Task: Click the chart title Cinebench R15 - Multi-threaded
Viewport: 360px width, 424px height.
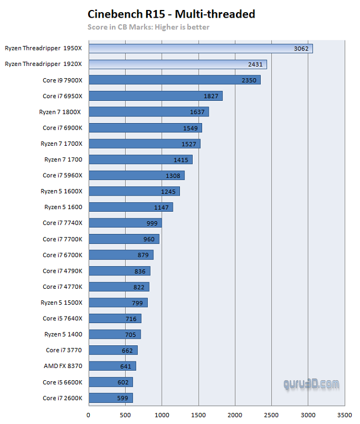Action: pos(171,14)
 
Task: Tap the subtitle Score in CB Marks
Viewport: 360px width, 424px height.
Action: pos(148,27)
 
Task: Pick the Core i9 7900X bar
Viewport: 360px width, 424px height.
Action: pos(174,80)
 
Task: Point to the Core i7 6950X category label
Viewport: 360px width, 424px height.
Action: pos(63,96)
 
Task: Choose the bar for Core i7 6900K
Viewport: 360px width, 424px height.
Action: pos(145,128)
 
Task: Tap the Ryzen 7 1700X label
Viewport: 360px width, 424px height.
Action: pos(61,144)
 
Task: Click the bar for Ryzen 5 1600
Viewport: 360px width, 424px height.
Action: pos(131,207)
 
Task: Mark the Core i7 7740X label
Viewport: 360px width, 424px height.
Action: pos(63,223)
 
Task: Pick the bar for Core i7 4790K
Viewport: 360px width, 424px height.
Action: pos(119,271)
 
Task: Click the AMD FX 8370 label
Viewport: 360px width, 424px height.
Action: pos(63,366)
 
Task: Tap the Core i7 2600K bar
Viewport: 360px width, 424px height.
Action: pos(110,398)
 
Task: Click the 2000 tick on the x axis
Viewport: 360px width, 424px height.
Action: pos(235,414)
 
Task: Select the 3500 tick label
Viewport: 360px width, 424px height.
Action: pos(344,414)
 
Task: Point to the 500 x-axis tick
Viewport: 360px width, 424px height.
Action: pos(125,414)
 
